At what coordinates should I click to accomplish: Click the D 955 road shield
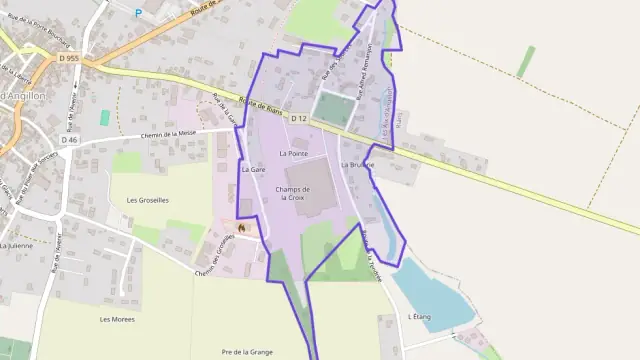[x=68, y=59]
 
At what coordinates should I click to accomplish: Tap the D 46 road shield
[x=68, y=139]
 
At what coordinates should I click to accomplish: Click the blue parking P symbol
[x=138, y=11]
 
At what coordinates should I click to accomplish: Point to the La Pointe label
[x=294, y=153]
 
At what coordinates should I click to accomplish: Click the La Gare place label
[x=251, y=170]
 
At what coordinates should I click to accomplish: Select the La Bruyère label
[x=357, y=164]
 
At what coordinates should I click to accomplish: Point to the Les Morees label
[x=118, y=319]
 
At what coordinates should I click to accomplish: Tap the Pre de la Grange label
[x=246, y=352]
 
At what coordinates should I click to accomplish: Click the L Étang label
[x=419, y=316]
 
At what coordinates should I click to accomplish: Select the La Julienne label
[x=16, y=245]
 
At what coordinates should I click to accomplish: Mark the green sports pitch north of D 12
[x=332, y=106]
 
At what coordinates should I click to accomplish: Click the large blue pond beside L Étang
[x=430, y=290]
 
